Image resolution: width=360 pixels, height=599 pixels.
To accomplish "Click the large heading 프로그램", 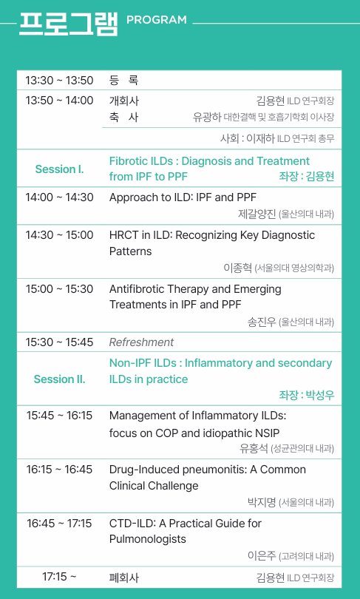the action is [x=68, y=24].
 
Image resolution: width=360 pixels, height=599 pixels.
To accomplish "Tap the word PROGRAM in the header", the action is [x=157, y=20].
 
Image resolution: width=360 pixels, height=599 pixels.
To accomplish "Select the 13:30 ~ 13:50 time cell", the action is [x=59, y=80].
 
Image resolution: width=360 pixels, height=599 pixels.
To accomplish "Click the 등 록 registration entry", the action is [x=123, y=80].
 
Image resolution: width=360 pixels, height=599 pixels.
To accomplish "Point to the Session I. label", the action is [x=59, y=169].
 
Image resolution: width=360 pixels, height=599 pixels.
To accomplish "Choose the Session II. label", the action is [x=59, y=379].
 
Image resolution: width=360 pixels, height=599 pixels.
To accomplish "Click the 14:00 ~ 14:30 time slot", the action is [x=59, y=197].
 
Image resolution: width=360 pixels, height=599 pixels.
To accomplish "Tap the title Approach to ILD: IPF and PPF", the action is [x=183, y=197].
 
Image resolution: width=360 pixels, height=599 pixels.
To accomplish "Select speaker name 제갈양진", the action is [x=257, y=214].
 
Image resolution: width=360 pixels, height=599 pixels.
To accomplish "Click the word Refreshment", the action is [x=141, y=342].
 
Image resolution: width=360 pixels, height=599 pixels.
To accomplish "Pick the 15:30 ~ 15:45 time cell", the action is [x=59, y=342].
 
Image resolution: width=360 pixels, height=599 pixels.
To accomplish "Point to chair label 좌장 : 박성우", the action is [x=307, y=395].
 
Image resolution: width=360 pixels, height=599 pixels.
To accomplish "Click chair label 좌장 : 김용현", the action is [x=307, y=176].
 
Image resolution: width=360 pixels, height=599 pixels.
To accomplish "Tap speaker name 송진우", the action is [x=262, y=322].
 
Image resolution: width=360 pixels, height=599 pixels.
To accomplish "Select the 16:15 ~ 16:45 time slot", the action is [x=59, y=469].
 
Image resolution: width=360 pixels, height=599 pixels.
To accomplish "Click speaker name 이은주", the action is [x=262, y=556].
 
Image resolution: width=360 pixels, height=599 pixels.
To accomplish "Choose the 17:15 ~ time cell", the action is [x=59, y=577].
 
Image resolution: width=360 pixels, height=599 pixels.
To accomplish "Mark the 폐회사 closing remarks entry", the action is [x=123, y=578].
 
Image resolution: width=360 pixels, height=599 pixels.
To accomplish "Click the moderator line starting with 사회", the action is [x=277, y=138].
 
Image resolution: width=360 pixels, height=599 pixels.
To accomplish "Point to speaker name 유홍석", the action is [x=254, y=448].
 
